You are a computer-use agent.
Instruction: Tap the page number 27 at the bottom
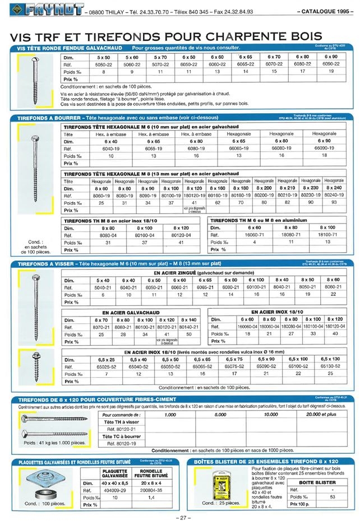(179, 517)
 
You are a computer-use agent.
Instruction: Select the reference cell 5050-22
(104, 64)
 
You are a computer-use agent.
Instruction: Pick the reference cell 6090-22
(331, 64)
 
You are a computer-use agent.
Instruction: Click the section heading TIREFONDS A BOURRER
(48, 118)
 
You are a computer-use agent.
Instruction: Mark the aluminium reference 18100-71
(329, 235)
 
